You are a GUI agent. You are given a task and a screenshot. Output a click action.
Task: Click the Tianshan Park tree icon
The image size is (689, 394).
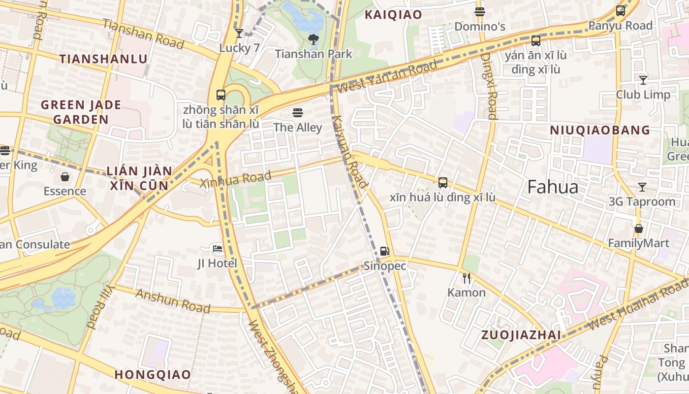coord(313,39)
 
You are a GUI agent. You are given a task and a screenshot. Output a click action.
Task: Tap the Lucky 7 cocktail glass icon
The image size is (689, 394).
coord(239,33)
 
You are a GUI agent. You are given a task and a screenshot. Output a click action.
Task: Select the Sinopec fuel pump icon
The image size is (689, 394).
coord(385,251)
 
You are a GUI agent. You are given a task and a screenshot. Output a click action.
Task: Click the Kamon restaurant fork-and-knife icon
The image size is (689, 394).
coord(467,278)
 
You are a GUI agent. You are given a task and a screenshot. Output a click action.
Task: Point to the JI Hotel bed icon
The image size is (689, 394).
coord(218,249)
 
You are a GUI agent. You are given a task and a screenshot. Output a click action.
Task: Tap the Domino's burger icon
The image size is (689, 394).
coord(480,12)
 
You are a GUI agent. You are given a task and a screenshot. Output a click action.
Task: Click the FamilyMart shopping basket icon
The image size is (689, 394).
coord(639,229)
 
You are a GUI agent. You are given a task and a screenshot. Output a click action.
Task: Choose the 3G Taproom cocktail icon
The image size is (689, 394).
coord(642,187)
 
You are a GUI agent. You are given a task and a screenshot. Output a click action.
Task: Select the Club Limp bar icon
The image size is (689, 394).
coord(643,80)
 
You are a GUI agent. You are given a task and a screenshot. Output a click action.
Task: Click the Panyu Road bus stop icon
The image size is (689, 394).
coord(621,11)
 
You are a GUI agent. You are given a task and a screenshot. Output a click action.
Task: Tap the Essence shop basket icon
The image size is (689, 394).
coord(65,177)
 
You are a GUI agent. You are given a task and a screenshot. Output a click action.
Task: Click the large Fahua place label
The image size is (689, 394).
coord(553,187)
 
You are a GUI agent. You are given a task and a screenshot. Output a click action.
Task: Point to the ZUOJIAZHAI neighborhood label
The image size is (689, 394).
coord(521,335)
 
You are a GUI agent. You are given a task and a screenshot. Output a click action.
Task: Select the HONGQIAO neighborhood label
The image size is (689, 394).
coord(153,374)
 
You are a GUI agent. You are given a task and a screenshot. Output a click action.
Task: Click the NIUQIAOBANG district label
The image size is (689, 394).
coord(600,131)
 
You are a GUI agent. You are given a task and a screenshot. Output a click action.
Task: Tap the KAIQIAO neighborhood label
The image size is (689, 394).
coord(393,15)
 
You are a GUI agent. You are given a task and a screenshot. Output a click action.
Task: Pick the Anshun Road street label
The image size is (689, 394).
coord(173,300)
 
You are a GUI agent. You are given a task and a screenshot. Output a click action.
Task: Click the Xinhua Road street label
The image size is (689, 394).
coord(236,179)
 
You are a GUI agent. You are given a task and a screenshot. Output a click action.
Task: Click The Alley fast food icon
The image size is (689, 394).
coord(298,113)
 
